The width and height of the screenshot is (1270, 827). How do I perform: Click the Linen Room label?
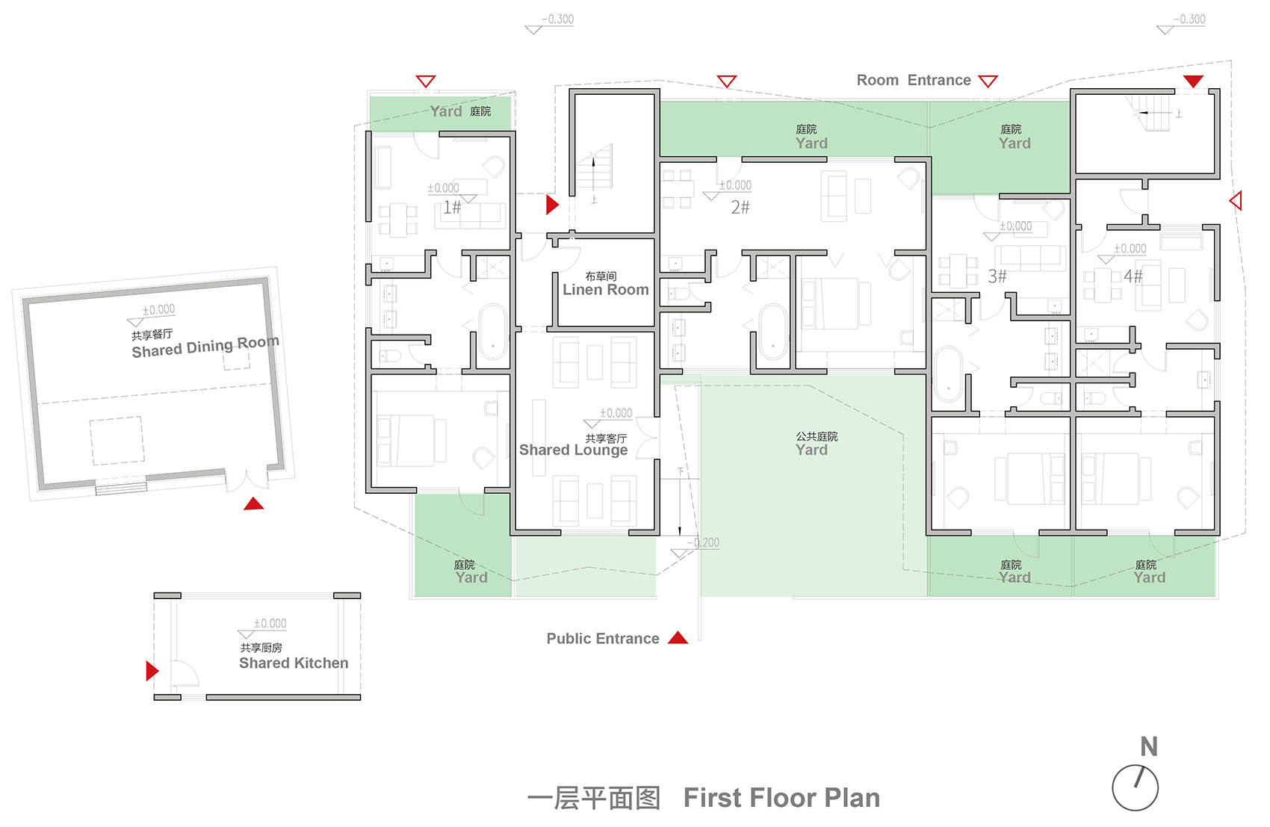coord(606,290)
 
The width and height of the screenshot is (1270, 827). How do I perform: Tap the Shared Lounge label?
coord(573,450)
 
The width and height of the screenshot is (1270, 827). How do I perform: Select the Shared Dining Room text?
coord(205,347)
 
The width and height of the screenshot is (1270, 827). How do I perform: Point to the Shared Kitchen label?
coord(294,663)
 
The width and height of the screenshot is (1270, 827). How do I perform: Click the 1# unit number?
coord(452,208)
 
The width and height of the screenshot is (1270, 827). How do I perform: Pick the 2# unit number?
coord(740,208)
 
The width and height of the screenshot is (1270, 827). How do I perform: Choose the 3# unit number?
coord(997,276)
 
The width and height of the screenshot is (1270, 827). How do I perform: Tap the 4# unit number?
coord(1133,276)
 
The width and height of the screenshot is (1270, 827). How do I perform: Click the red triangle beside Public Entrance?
coord(678,638)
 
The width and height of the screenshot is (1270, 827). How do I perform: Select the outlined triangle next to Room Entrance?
coord(988,81)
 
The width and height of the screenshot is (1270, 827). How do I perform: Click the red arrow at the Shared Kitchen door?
coord(152,671)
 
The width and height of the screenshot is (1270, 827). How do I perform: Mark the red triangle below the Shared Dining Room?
coord(253,504)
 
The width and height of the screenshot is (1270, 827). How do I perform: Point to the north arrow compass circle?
coord(1135,788)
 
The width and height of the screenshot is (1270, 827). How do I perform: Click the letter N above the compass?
coord(1149,746)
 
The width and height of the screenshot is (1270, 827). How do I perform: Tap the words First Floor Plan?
coord(781,798)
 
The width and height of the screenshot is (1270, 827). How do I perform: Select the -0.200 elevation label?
coord(704,542)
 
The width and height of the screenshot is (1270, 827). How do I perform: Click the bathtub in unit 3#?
coord(949,374)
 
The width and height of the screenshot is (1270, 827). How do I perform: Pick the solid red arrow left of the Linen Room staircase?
coord(552,205)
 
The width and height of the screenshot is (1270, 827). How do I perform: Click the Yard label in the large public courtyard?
coord(811,450)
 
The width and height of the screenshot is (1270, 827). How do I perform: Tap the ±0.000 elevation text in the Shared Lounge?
coord(616,413)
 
